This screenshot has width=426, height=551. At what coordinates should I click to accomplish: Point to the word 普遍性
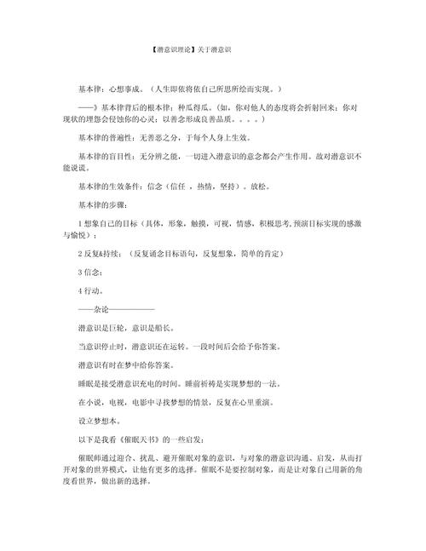(x=132, y=141)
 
